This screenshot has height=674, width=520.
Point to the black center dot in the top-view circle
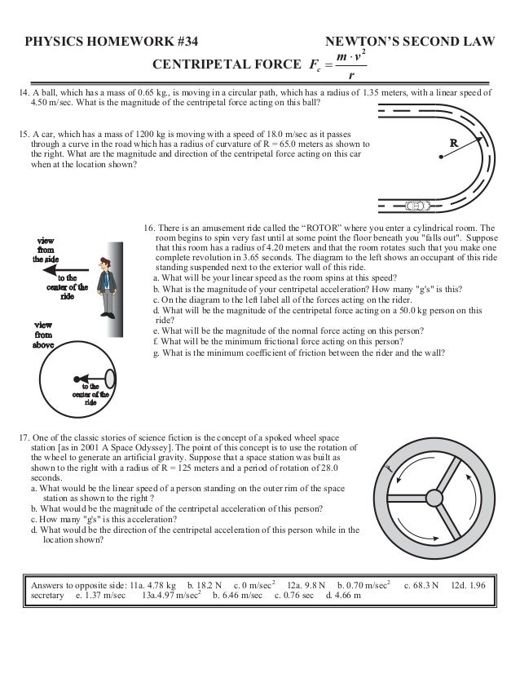pyautogui.click(x=77, y=378)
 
